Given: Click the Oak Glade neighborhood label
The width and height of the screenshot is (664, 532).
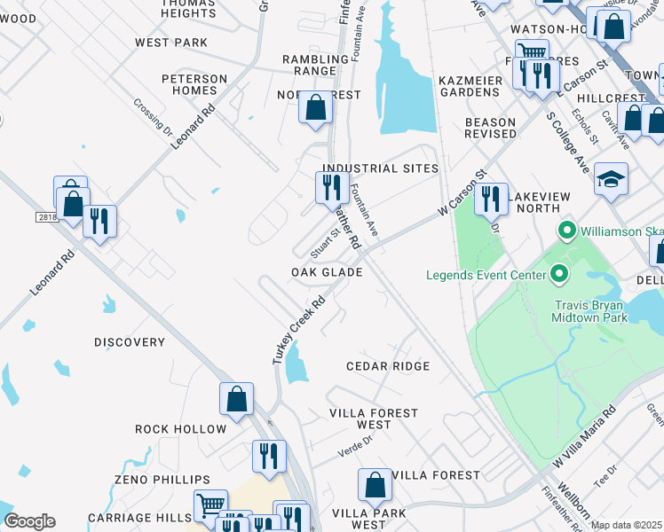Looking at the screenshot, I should coord(327,272).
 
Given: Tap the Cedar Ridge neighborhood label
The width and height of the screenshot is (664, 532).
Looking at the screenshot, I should coord(387,366).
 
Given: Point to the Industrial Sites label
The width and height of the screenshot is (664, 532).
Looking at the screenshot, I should coord(380,168).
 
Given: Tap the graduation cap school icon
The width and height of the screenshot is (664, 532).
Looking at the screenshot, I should coord(611,180).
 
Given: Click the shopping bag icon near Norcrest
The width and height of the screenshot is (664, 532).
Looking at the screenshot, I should coord(315,108).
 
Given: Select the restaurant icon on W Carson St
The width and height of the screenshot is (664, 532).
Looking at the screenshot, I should coord(491,200).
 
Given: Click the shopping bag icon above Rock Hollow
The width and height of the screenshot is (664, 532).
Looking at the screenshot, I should coord(237,400).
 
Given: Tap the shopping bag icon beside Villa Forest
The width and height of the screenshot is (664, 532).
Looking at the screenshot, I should coord(375,486).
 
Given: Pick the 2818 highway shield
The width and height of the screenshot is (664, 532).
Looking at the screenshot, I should coord(48,217).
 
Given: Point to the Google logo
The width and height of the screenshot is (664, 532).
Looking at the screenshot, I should coord(29,521).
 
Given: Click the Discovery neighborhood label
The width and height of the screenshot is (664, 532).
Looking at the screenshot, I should coord(130,342).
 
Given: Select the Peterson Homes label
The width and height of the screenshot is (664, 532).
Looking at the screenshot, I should coord(194,84).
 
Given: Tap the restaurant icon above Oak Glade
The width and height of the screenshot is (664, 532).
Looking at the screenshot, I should coord(328,187).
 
